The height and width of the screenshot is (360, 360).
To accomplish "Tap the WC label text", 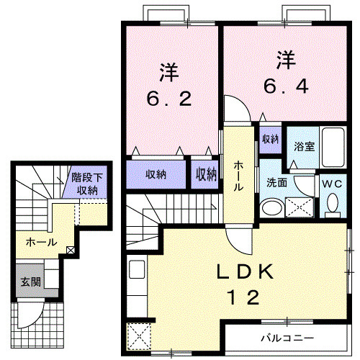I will click(332, 184).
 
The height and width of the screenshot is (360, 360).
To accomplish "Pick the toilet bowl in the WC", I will click(332, 204).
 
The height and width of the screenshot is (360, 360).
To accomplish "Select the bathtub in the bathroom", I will click(333, 148).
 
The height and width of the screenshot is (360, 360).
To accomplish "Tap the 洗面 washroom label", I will click(276, 183).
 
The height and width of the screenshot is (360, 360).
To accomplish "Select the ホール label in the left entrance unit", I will click(40, 243).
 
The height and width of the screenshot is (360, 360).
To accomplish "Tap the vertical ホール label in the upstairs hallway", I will click(238, 175).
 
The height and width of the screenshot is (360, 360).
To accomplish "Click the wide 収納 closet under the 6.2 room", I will click(156, 174).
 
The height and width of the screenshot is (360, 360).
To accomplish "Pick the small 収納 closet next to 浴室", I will click(270, 139).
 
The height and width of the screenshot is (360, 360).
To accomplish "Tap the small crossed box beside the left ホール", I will click(70, 250).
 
